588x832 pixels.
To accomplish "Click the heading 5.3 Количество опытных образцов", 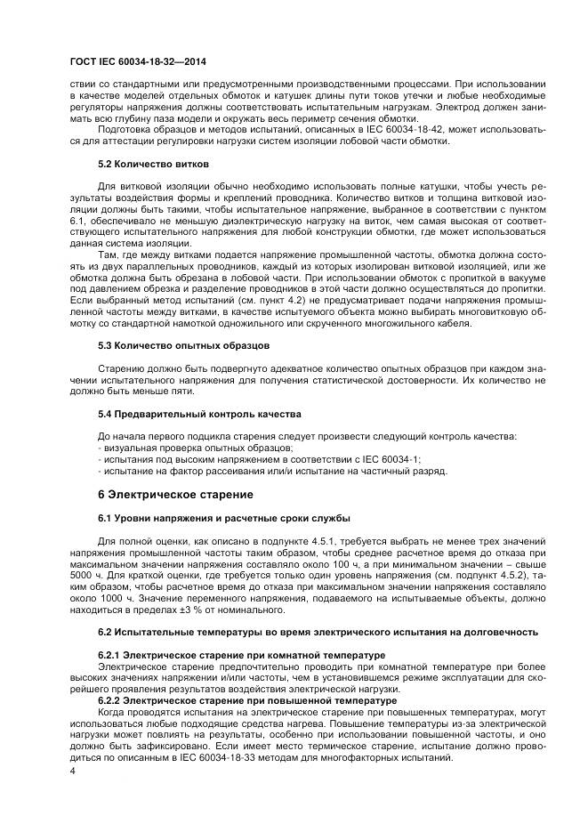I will click(184, 344).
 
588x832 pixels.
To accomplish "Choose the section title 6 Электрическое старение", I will click(175, 494).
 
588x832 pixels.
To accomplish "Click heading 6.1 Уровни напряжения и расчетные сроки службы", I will click(223, 518).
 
